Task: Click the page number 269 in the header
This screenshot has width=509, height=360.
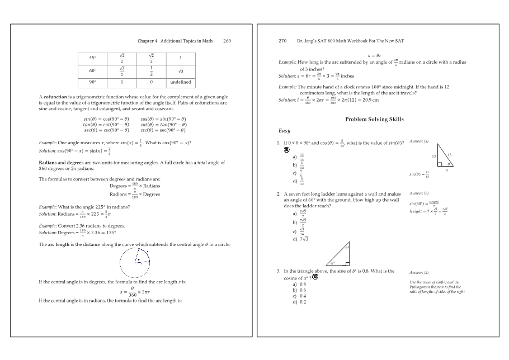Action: coord(227,41)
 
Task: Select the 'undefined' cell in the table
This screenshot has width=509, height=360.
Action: coord(180,82)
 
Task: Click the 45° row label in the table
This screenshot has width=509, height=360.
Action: coord(93,58)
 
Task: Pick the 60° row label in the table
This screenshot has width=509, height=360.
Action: coord(93,70)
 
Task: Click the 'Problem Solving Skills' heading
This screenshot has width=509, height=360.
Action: coord(374,119)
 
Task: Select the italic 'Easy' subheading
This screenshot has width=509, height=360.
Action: coord(284,130)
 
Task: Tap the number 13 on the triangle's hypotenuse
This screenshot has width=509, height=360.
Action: coord(449,154)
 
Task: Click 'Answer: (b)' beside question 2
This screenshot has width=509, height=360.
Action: coord(419,193)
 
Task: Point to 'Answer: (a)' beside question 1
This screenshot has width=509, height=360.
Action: coord(419,141)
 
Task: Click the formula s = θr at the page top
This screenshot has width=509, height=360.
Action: coord(375,55)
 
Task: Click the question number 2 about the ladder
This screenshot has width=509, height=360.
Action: coord(278,194)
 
